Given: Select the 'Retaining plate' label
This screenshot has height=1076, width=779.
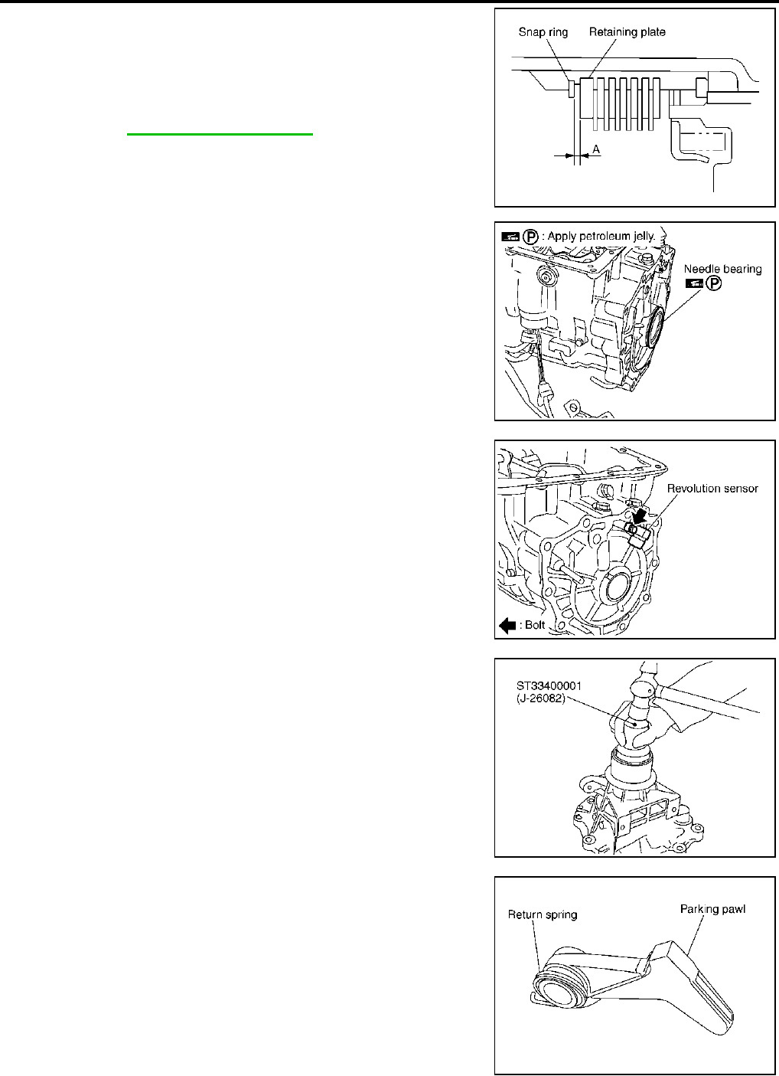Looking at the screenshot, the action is click(627, 32).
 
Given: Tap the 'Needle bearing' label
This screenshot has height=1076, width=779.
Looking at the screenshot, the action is click(722, 269).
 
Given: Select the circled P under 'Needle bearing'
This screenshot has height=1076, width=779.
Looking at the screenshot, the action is click(713, 283).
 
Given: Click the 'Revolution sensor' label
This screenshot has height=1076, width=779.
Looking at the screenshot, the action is click(712, 489).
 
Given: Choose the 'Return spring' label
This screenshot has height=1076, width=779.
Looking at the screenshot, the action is click(543, 914).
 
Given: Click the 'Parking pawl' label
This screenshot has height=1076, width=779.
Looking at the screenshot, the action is click(712, 909).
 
